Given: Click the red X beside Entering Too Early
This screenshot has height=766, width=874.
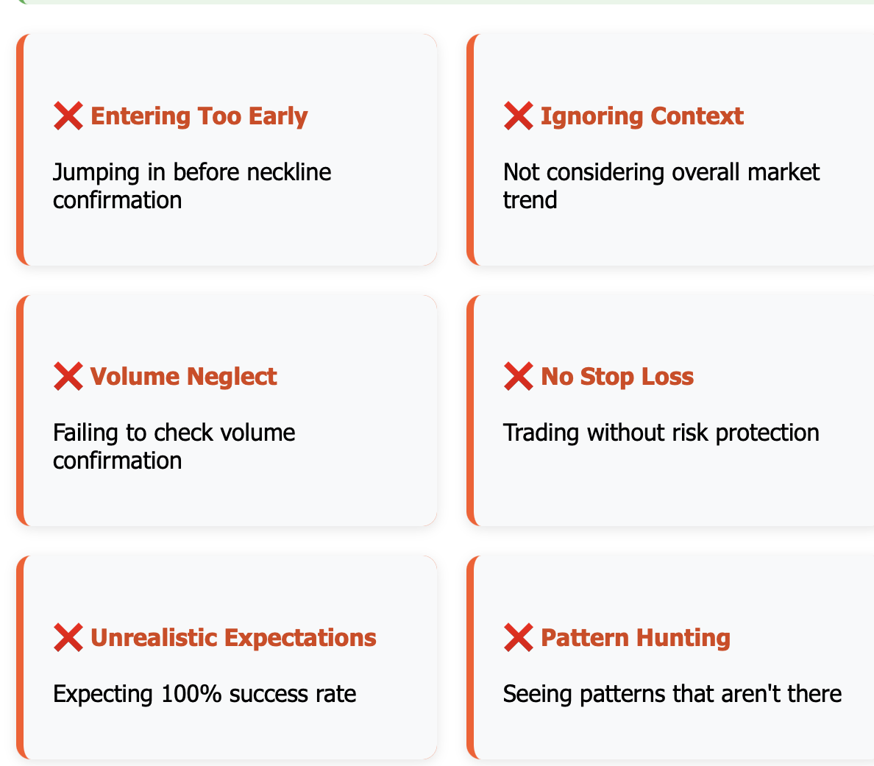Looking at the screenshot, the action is [x=68, y=116].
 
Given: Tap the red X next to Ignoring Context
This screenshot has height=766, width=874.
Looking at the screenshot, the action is [x=519, y=116].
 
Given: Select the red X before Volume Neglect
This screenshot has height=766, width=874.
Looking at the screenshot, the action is [x=68, y=376].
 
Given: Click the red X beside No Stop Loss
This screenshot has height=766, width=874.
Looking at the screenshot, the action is [x=519, y=376].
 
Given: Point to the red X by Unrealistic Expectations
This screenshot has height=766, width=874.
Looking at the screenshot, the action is [x=68, y=637].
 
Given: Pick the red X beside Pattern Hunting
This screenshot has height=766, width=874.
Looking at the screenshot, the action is [x=519, y=637].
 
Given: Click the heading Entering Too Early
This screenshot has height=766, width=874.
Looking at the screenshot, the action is [x=199, y=116].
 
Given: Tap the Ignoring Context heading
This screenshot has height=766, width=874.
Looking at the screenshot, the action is [x=642, y=116].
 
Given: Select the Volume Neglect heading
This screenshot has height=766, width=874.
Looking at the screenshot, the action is [x=183, y=377].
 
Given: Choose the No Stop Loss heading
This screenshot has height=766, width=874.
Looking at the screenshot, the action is [x=617, y=377].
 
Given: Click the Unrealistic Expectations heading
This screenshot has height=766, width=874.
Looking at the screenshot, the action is [x=233, y=638].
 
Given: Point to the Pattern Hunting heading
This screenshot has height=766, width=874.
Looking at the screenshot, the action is [x=636, y=638].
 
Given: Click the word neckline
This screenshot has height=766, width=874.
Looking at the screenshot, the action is [x=288, y=172].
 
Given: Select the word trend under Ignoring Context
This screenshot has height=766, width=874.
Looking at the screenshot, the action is [x=530, y=200].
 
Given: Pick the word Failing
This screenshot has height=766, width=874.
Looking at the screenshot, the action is [x=86, y=433].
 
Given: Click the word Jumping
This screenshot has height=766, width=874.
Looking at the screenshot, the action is [x=96, y=173].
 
